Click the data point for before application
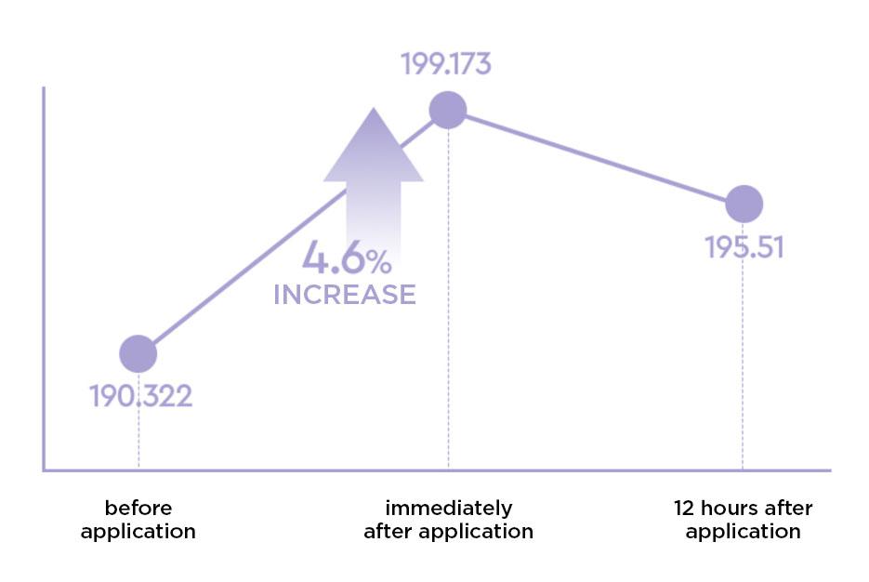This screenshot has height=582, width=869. point(138,353)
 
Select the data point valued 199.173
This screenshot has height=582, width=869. point(447,111)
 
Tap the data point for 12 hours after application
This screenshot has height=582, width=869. point(744,204)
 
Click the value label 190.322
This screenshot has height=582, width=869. point(140,396)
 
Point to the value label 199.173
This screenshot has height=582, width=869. point(445,64)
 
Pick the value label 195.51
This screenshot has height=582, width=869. point(744,248)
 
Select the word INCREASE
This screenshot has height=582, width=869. point(344,295)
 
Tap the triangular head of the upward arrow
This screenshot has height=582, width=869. point(373,149)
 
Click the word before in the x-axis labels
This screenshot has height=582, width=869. point(138,509)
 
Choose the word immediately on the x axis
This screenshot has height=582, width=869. point(448,509)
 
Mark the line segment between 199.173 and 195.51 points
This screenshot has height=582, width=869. point(595,157)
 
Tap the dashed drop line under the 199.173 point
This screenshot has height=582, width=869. point(448,298)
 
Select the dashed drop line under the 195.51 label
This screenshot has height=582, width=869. point(743,372)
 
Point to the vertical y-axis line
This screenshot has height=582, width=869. point(44,279)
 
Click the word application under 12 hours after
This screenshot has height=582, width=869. point(743,532)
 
